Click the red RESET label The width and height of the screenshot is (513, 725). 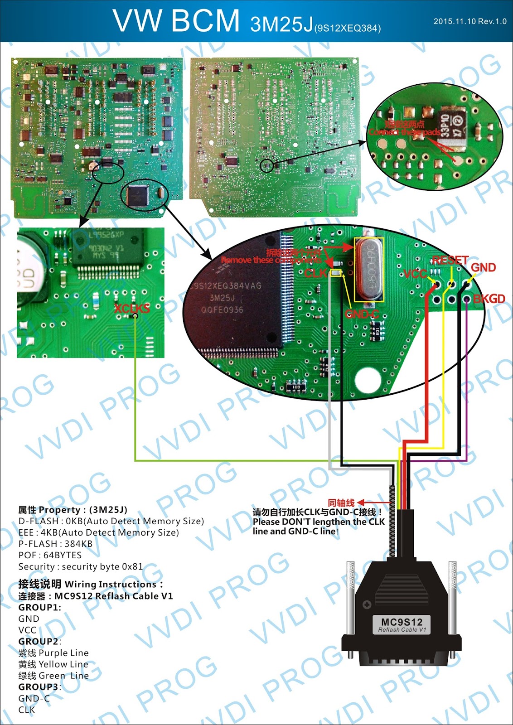(450, 261)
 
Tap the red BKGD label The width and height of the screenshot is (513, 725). (489, 299)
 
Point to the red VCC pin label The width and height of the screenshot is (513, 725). (415, 274)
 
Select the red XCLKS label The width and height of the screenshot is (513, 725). (131, 309)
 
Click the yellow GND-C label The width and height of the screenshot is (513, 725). (362, 314)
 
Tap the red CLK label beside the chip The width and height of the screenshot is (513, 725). (315, 273)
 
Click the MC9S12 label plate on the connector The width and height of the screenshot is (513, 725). (402, 624)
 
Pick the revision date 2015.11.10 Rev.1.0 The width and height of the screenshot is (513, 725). (470, 21)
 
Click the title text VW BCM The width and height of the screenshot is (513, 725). (176, 21)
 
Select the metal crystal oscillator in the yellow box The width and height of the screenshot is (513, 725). (369, 271)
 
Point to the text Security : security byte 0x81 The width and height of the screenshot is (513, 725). (80, 566)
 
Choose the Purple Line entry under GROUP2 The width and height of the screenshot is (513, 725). (53, 653)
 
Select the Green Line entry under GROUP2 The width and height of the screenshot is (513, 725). (53, 676)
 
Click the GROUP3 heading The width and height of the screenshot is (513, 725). (39, 687)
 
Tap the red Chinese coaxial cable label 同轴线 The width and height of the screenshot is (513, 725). (341, 503)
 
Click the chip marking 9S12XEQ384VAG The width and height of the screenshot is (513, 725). (226, 286)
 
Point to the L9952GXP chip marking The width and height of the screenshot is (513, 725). (106, 235)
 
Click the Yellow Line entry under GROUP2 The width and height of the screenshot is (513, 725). (53, 664)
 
